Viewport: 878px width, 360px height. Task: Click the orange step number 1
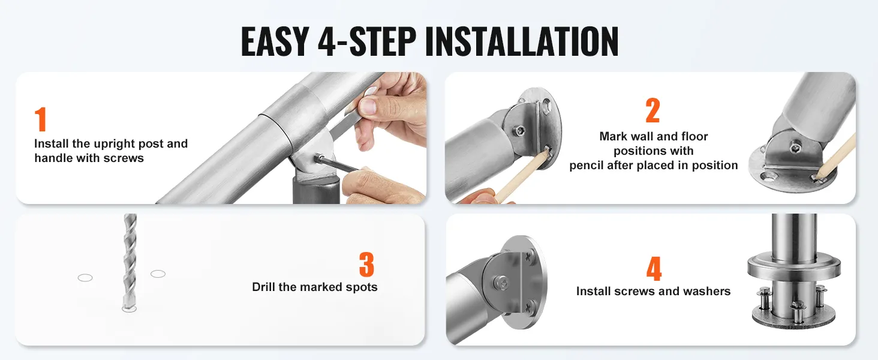[41, 119]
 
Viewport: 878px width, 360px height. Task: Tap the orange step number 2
[653, 110]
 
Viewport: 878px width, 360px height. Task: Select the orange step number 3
[366, 265]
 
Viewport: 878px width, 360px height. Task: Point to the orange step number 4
[654, 269]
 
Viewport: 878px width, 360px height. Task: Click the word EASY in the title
[275, 41]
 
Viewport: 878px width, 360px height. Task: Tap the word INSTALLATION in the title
[522, 41]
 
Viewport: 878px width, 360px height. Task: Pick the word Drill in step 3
[264, 287]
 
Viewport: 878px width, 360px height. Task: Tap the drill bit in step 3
[130, 261]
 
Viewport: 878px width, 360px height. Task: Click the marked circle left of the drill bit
[85, 278]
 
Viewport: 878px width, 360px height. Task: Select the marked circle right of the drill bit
[158, 274]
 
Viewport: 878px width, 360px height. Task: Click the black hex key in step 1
[336, 164]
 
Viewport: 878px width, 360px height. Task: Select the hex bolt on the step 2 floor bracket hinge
[795, 147]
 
